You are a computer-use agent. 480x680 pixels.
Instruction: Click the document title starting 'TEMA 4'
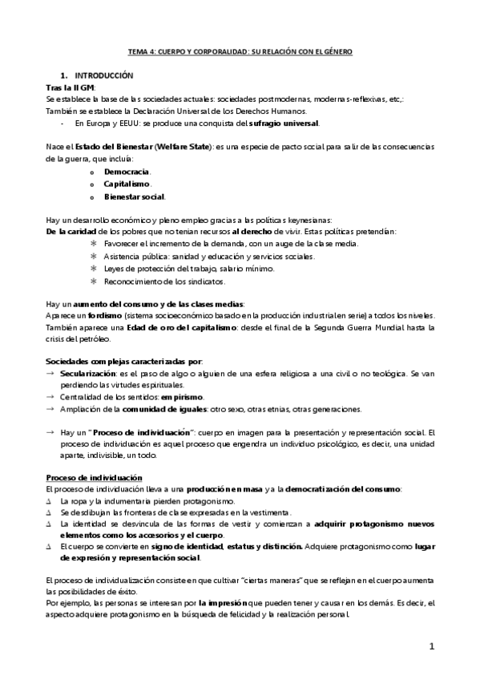[x=240, y=52]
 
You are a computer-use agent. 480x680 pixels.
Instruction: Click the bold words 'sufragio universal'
[x=287, y=123]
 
